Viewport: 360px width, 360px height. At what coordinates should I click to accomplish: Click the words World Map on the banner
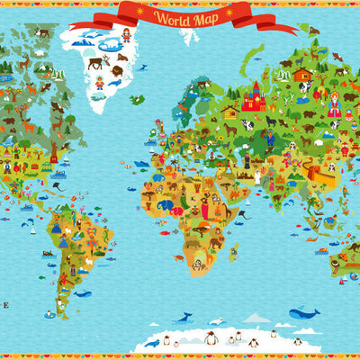[185, 16]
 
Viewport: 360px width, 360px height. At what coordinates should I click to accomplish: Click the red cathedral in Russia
[253, 96]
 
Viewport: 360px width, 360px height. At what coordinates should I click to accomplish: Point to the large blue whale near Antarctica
[304, 313]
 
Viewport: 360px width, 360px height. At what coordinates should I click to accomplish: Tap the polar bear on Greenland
[111, 42]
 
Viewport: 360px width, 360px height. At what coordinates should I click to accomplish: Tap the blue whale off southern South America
[82, 293]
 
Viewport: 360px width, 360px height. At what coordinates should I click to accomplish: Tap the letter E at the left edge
[4, 305]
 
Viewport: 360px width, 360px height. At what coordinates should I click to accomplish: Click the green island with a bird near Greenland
[135, 99]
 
